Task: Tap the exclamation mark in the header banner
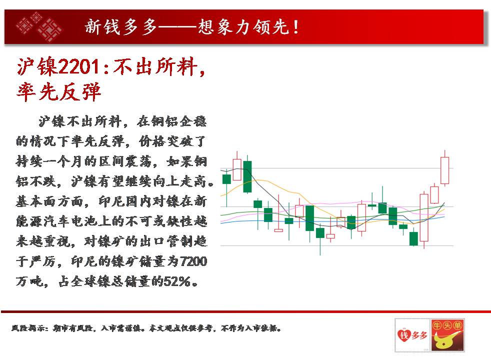click(296, 27)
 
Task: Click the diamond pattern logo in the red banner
click(39, 26)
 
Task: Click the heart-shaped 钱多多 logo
click(412, 335)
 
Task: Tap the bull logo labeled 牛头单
click(447, 335)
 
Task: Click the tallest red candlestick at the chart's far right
click(444, 168)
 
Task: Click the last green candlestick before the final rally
click(413, 237)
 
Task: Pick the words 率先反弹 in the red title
click(59, 91)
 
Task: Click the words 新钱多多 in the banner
click(121, 27)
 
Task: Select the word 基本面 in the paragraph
click(37, 201)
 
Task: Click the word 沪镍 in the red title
click(37, 66)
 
